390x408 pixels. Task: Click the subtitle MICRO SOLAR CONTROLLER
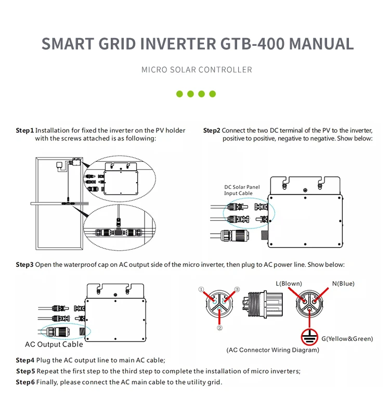pos(197,70)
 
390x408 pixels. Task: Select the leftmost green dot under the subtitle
pos(179,94)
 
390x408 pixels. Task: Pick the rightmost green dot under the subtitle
pos(212,94)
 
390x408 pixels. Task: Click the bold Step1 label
pos(24,130)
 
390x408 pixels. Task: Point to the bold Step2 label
pos(212,130)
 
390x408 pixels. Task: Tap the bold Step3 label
pos(24,264)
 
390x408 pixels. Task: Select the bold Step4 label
pos(24,360)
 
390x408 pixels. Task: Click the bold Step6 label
pos(25,382)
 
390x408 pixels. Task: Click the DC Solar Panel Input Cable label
pos(242,190)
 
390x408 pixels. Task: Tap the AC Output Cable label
pos(54,344)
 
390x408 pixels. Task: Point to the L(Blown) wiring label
pos(289,284)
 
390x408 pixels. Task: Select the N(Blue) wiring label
pos(343,284)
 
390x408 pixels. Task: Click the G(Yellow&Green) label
pos(347,339)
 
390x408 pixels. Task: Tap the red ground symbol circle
pos(310,338)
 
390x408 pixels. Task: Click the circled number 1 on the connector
pos(201,289)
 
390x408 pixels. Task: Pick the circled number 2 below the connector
pos(219,328)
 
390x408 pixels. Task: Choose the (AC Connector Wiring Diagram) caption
pos(272,350)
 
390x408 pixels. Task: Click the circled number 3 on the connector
pos(237,289)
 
